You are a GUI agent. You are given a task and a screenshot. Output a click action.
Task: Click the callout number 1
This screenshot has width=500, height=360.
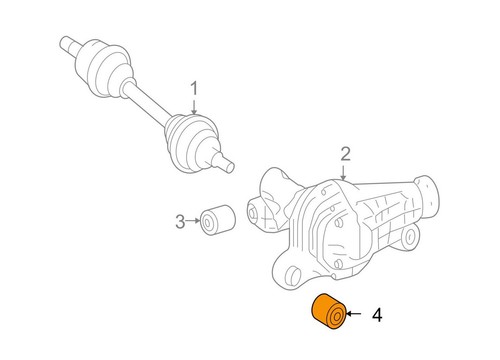(x=194, y=90)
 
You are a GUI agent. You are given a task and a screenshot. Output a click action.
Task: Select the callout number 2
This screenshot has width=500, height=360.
(x=346, y=153)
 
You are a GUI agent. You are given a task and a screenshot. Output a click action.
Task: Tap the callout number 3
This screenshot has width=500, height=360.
(x=180, y=221)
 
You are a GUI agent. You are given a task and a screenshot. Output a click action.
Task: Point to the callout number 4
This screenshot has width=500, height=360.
(x=376, y=316)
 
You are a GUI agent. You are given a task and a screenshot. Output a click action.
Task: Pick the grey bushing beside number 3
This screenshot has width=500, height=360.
(x=217, y=220)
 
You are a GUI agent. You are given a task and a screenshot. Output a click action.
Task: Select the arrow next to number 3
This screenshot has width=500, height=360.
(x=195, y=221)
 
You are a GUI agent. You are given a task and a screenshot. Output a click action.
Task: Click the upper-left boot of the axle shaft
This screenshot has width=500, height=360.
(x=110, y=68)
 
